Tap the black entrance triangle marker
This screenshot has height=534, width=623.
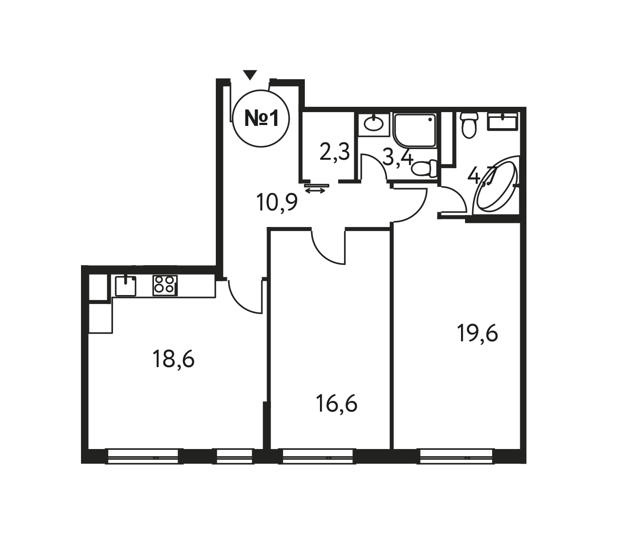click(x=250, y=74)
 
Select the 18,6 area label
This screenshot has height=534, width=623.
click(x=174, y=360)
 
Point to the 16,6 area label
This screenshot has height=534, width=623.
click(x=337, y=405)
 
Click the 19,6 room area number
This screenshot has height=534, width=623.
click(x=477, y=333)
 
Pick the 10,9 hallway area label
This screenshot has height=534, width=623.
click(x=277, y=203)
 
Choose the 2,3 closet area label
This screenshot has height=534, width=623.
click(x=335, y=152)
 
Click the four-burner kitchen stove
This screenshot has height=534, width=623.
click(x=165, y=285)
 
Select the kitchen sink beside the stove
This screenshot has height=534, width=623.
click(x=125, y=286)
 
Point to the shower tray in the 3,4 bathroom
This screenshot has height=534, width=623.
click(x=415, y=130)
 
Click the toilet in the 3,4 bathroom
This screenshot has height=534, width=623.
click(x=424, y=168)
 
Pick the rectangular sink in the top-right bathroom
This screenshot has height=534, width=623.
click(x=503, y=121)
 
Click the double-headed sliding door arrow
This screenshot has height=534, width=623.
click(x=315, y=190)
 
